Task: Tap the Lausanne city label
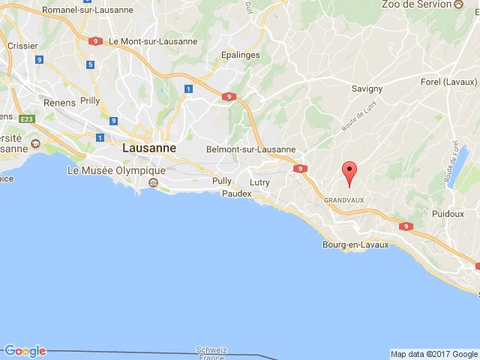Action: tap(149, 148)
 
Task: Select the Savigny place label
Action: tap(367, 88)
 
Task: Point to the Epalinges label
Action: tap(241, 55)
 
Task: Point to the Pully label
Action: tap(222, 181)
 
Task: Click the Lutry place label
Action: tap(259, 182)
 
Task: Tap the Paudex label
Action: tap(236, 193)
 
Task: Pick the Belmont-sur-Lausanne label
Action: tap(251, 149)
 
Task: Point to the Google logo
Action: tap(25, 351)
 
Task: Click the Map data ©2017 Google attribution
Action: tap(433, 354)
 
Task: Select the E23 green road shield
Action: tap(28, 119)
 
